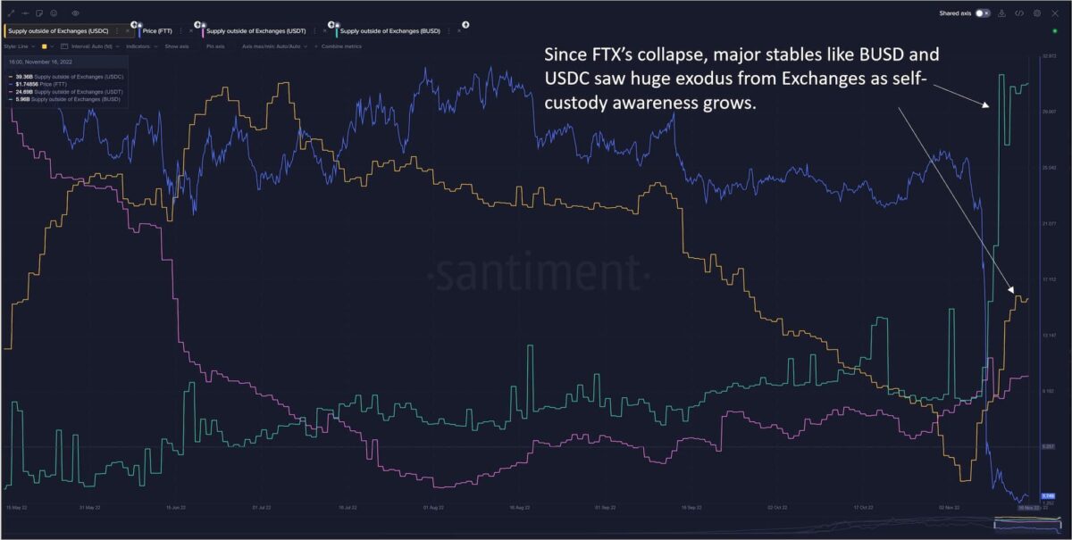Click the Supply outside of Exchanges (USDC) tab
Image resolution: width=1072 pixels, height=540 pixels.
tap(59, 30)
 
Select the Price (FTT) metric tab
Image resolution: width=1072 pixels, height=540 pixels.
tap(159, 30)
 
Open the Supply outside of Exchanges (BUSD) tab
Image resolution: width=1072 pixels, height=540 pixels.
tap(390, 30)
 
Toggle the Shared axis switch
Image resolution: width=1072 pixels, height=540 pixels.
tap(984, 13)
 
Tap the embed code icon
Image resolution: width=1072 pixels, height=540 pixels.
tap(1019, 13)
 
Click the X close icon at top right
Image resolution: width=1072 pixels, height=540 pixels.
tap(1055, 13)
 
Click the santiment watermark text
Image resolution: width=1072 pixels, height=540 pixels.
tap(536, 269)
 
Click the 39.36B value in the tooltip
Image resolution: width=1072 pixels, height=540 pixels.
tap(24, 77)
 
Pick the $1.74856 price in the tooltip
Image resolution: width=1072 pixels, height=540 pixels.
tap(27, 84)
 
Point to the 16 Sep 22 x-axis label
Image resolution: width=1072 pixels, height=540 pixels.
tap(691, 507)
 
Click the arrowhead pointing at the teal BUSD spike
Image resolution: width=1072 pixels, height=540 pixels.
tap(988, 105)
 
